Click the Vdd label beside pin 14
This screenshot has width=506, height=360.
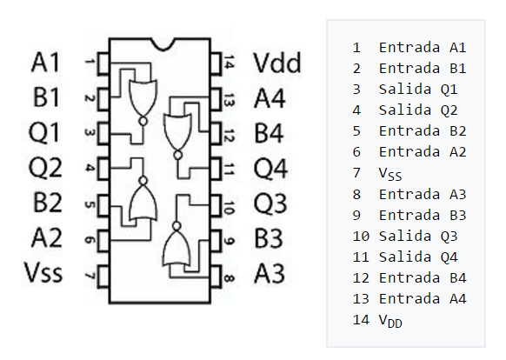point(277,63)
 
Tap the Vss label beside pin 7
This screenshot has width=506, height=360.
point(43,272)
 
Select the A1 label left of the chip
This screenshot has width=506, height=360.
point(45,62)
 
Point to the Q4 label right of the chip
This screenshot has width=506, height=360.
point(270,168)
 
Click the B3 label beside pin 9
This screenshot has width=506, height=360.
point(269,238)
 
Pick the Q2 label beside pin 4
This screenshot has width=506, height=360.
point(45,167)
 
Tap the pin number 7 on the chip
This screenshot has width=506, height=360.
point(90,276)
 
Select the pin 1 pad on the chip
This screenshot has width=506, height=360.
point(103,63)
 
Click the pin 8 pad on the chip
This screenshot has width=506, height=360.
point(216,277)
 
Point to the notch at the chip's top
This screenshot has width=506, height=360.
point(163,44)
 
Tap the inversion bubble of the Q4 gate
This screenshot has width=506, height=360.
point(178,156)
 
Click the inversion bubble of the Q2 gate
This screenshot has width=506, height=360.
point(143,181)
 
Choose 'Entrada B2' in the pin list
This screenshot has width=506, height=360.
point(423,131)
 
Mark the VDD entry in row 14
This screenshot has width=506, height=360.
point(390,321)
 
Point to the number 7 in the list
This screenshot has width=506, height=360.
point(356,173)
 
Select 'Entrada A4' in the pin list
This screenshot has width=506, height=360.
point(423,298)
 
